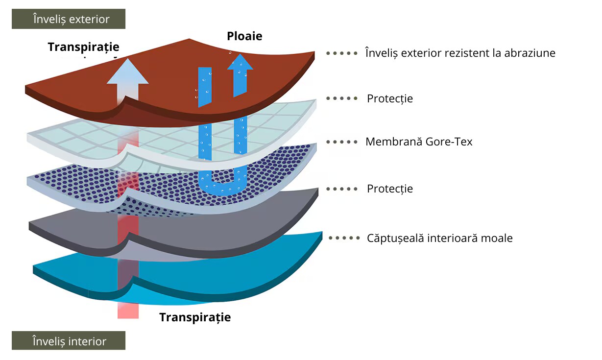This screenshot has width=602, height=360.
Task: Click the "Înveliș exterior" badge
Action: click(x=69, y=19)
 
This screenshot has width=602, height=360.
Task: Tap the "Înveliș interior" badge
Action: click(x=69, y=341)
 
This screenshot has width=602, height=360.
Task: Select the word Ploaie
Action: click(x=244, y=36)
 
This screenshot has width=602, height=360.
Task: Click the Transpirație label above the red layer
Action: click(x=83, y=47)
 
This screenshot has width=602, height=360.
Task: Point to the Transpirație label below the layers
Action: click(x=195, y=317)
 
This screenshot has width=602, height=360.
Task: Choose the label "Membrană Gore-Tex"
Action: click(x=419, y=142)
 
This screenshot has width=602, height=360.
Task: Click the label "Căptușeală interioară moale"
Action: click(x=439, y=239)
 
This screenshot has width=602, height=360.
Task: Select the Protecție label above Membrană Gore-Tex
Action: click(x=390, y=99)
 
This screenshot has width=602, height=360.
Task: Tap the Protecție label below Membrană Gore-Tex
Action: click(x=390, y=189)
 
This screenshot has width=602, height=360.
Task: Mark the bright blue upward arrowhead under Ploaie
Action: click(x=240, y=62)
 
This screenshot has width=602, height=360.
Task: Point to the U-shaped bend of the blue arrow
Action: click(x=223, y=189)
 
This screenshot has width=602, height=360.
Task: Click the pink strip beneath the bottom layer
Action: click(x=128, y=311)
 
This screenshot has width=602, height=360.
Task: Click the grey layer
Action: click(x=235, y=225)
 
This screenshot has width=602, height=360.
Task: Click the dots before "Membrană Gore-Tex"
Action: click(x=342, y=142)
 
